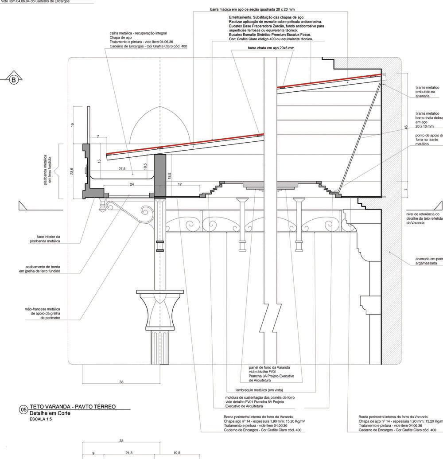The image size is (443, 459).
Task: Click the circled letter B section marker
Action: click(13, 80)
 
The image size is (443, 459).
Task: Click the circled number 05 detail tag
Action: click(24, 410)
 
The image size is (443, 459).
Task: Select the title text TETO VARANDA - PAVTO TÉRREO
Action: click(73, 407)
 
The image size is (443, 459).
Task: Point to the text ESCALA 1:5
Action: click(41, 419)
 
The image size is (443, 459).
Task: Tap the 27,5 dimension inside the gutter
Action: click(122, 169)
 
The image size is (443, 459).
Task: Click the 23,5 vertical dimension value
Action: click(72, 171)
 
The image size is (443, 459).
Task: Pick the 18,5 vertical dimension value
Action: click(169, 175)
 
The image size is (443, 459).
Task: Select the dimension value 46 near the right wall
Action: click(406, 127)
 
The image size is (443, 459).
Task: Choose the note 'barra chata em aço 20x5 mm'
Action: click(271, 48)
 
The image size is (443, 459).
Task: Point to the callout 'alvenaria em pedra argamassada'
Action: click(429, 261)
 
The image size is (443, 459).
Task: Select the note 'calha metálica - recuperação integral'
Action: click(139, 33)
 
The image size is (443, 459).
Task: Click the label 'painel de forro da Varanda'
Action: click(269, 368)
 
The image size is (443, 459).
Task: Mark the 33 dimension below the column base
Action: click(121, 382)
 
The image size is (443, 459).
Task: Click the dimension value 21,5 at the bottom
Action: click(129, 453)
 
